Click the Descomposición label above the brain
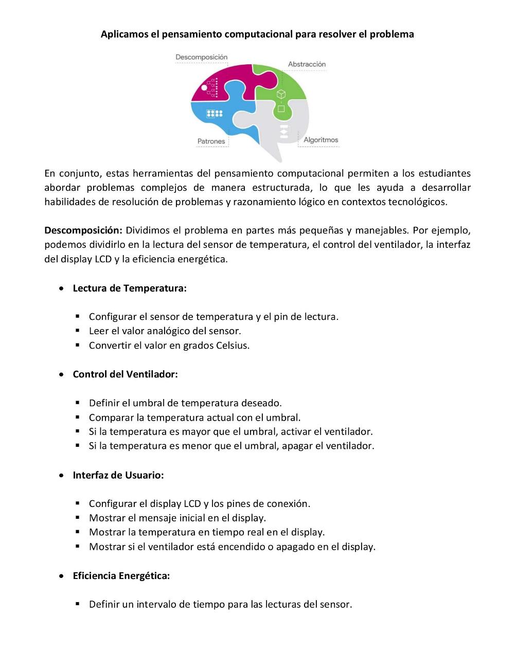click(201, 57)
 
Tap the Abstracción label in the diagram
click(307, 64)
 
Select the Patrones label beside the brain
click(211, 141)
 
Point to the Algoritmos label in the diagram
click(321, 140)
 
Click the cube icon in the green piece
click(281, 94)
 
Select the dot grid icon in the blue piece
click(214, 114)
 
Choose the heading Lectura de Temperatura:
click(130, 288)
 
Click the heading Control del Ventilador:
click(125, 374)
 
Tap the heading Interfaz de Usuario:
click(118, 475)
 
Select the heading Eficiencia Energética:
click(121, 576)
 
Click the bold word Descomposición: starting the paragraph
click(83, 230)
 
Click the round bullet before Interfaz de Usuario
click(62, 475)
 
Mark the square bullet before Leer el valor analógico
click(78, 331)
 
